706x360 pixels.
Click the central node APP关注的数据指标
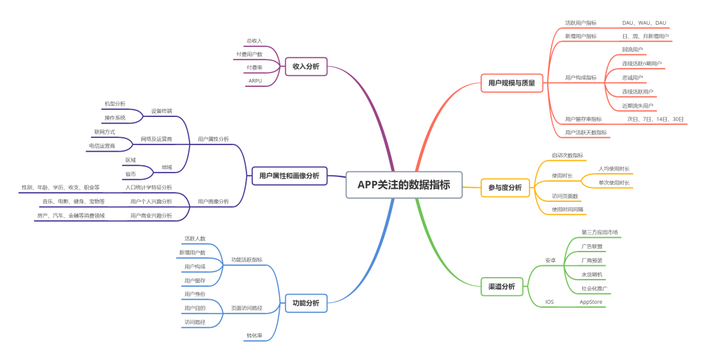coord(403,185)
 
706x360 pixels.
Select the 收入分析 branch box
coord(306,67)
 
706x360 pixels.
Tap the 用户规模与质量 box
coord(511,83)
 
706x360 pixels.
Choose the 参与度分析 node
coord(505,188)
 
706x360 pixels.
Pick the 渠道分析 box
coord(501,286)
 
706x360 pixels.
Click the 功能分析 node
coord(306,303)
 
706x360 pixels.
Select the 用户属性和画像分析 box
coord(289,176)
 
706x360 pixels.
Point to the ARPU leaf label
coord(255,81)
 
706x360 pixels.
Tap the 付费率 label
coord(254,67)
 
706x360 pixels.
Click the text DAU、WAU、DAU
coord(644,23)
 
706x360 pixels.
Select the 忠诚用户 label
coord(632,78)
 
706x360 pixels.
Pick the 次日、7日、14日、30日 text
coord(655,119)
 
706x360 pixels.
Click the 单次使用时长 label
coord(614,183)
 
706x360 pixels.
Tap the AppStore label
coord(591,302)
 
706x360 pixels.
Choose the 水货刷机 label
coord(592,274)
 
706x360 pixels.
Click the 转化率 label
coord(254,335)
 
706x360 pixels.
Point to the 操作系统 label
coord(115,118)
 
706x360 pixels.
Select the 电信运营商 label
coord(102,146)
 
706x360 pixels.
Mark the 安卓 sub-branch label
coord(550,260)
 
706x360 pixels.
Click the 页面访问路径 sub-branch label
coord(246,308)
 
